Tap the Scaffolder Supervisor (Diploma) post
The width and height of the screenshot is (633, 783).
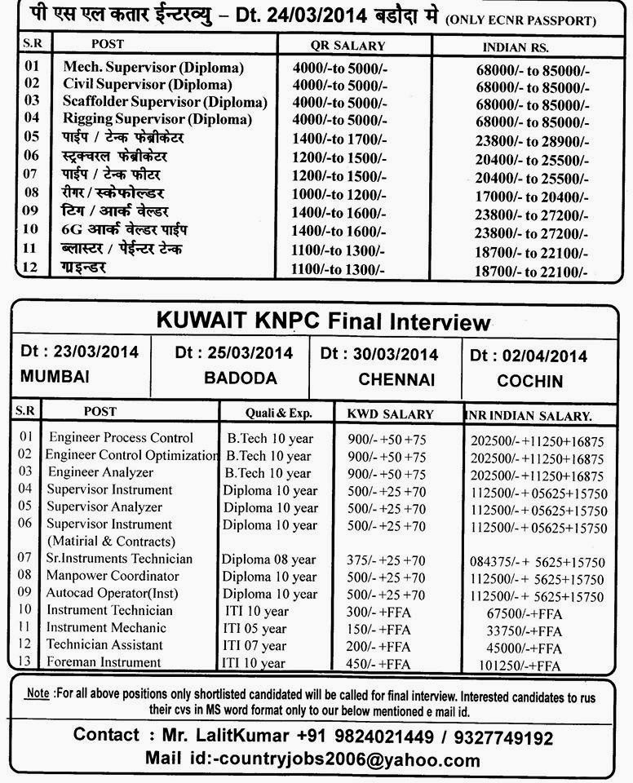coord(165,102)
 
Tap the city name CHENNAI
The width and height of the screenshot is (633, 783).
coord(396,380)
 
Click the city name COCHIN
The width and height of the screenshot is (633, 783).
coord(530,381)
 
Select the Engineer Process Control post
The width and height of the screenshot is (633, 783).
coord(121,438)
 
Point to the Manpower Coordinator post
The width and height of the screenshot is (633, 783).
coord(113,576)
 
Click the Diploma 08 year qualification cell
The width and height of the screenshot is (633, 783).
coord(268,560)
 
